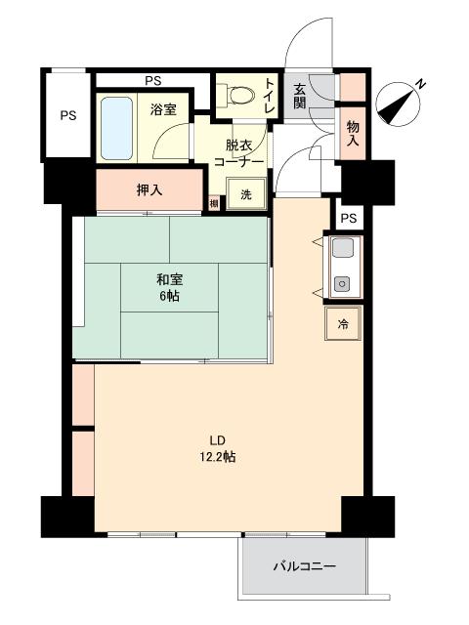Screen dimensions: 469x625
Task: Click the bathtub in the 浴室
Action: pos(116,128)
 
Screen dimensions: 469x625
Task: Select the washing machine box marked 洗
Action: pos(246,194)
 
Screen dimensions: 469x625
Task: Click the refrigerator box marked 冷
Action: pos(343,323)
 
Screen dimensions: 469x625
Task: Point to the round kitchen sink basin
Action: pos(341,284)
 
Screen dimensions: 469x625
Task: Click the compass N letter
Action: pos(420,84)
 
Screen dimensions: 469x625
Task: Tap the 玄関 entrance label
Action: pos(300,96)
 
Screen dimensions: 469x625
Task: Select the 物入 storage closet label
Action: pos(353,133)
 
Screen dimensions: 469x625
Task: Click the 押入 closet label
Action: pos(149,190)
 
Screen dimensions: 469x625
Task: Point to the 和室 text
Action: pos(169,279)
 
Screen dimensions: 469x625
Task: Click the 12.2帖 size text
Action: pos(218,456)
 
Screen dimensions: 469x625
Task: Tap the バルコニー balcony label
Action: pos(305,566)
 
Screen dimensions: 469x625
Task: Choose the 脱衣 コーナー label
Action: pos(238,153)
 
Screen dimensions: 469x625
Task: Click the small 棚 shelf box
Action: pos(214,203)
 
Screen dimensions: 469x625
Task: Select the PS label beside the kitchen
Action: pos(349,219)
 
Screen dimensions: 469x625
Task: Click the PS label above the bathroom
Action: pos(153,81)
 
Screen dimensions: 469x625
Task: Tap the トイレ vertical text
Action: pos(270,96)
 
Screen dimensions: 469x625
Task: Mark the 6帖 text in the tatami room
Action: pos(168,296)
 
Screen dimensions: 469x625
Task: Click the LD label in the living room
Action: pos(218,440)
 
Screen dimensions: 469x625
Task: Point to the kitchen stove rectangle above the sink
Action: pos(343,247)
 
